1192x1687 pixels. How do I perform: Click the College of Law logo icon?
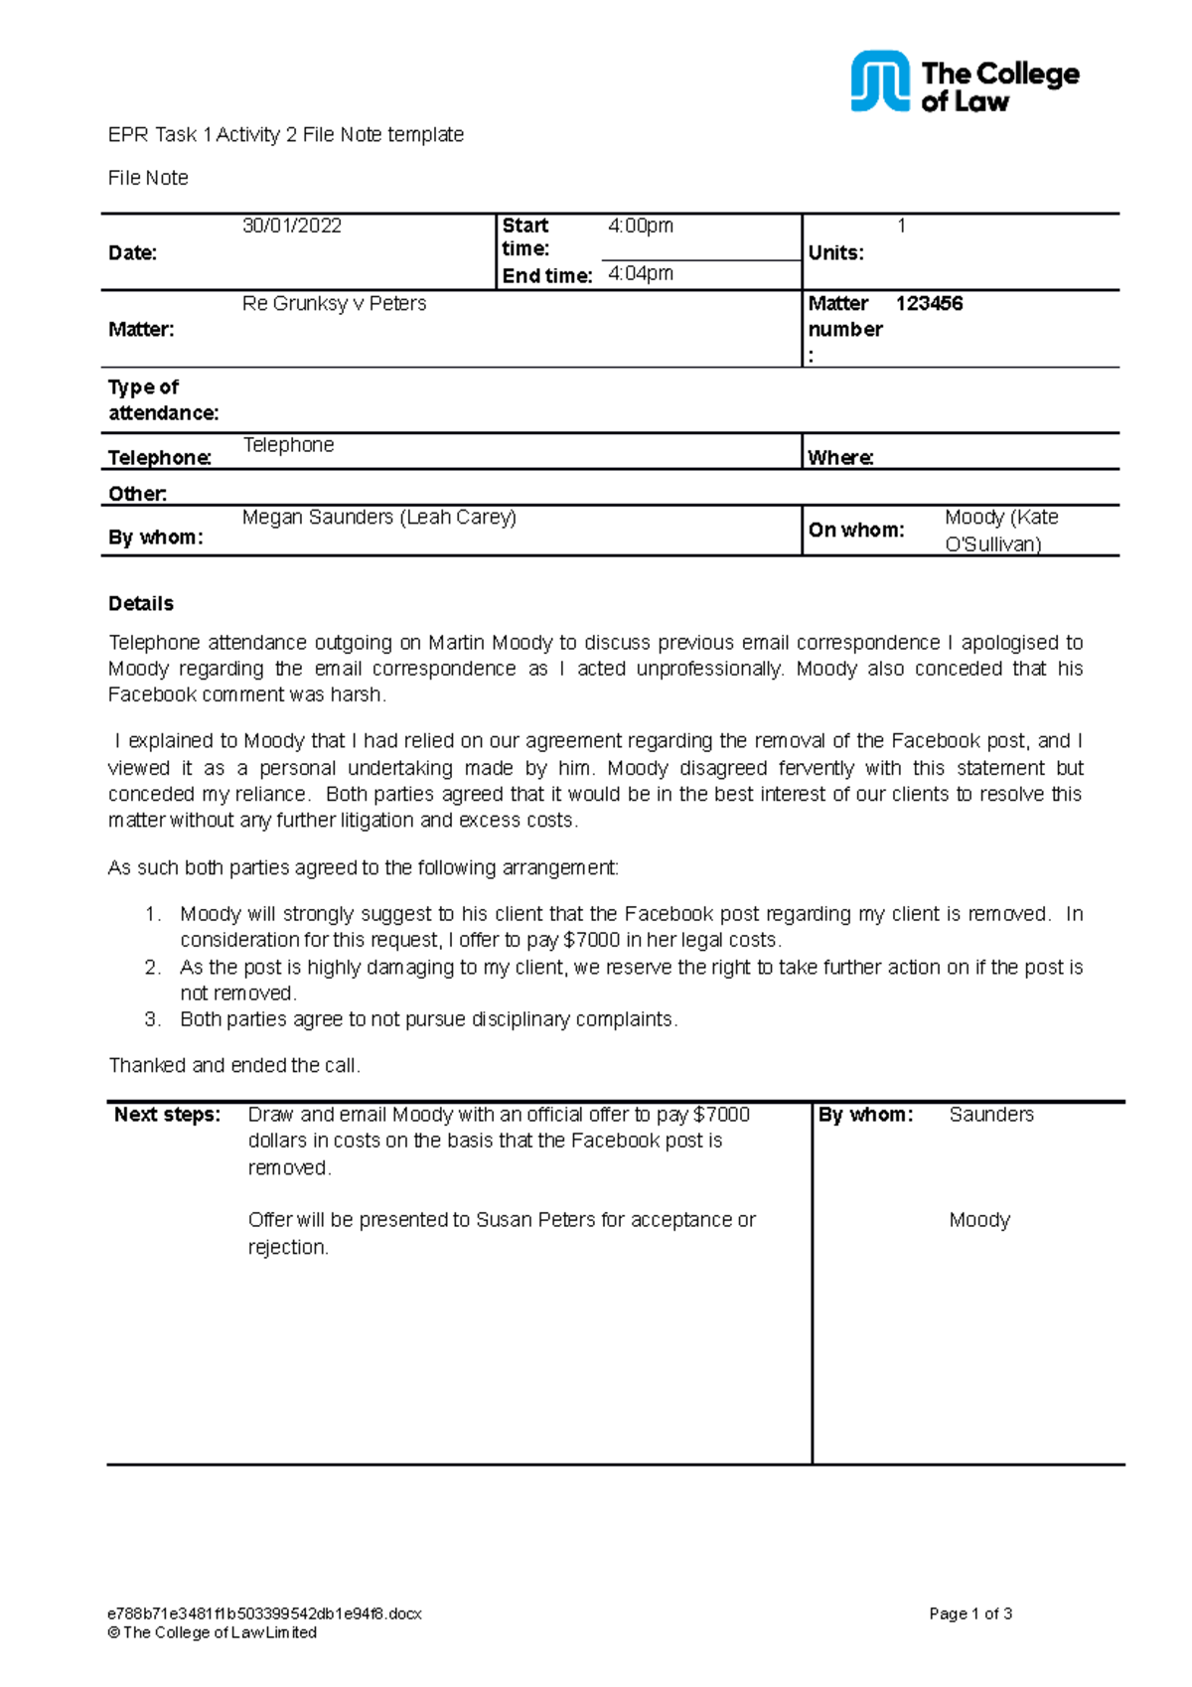tap(879, 81)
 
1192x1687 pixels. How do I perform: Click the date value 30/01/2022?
tap(292, 226)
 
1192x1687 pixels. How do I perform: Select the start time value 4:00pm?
tap(640, 226)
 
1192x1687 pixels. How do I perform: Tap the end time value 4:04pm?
tap(640, 273)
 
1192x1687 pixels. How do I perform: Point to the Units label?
tap(835, 252)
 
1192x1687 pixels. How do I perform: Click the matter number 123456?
tap(929, 303)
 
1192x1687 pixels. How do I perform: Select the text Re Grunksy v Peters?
tap(334, 303)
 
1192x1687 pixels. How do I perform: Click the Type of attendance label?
tap(163, 399)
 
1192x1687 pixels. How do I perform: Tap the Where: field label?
tap(840, 457)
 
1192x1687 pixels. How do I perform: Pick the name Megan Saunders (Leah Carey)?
tap(378, 517)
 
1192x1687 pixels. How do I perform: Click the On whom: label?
tap(855, 530)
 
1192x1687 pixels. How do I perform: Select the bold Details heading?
tap(141, 603)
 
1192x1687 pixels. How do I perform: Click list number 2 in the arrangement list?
tap(152, 967)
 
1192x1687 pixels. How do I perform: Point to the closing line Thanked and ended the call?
tap(234, 1065)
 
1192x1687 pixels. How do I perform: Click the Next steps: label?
tap(167, 1115)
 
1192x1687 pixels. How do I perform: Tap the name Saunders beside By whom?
tap(990, 1115)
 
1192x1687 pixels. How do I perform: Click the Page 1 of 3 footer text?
tap(969, 1613)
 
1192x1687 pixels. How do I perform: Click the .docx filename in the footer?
tap(264, 1613)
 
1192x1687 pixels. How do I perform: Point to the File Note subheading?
tap(148, 178)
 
